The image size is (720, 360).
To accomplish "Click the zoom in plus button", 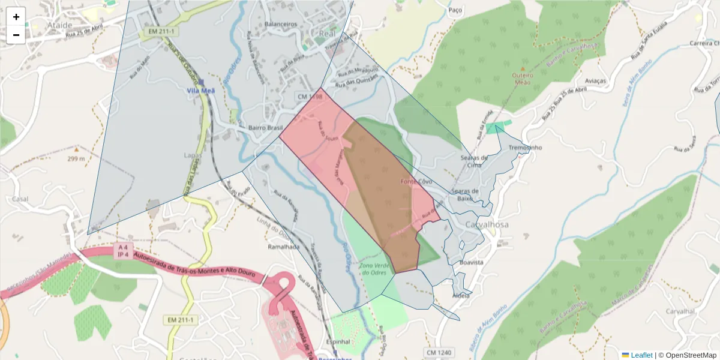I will pos(16,17).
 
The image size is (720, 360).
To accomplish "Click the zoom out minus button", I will pos(16,35).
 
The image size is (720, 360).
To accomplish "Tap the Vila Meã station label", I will pos(201,91).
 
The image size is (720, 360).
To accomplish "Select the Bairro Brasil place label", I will pos(265,128).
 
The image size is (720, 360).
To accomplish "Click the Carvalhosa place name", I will pos(487,224).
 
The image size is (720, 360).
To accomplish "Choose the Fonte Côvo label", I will pos(416,181).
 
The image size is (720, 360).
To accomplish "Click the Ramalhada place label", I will pos(283,247).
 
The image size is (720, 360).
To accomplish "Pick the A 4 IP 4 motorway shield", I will pos(123,250).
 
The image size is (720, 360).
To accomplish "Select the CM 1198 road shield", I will pos(310,96).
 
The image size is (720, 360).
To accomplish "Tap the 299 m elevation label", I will pos(76,158).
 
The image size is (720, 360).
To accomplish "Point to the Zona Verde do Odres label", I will pos(377,269).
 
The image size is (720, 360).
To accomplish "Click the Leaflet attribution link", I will pos(641,355).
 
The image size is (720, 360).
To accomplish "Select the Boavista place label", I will pos(471,263).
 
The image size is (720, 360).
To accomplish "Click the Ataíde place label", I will pos(59,25).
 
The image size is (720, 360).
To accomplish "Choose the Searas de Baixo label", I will pos(466,195).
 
